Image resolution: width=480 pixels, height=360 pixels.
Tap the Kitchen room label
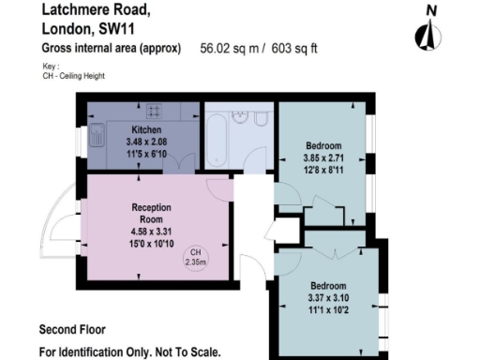(x=146, y=130)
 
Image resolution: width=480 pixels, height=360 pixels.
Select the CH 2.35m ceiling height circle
(x=196, y=258)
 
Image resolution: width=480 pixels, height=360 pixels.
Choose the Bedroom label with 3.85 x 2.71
(x=323, y=145)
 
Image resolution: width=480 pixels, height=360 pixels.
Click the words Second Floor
(x=72, y=330)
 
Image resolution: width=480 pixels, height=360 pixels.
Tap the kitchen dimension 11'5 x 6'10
(x=146, y=151)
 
